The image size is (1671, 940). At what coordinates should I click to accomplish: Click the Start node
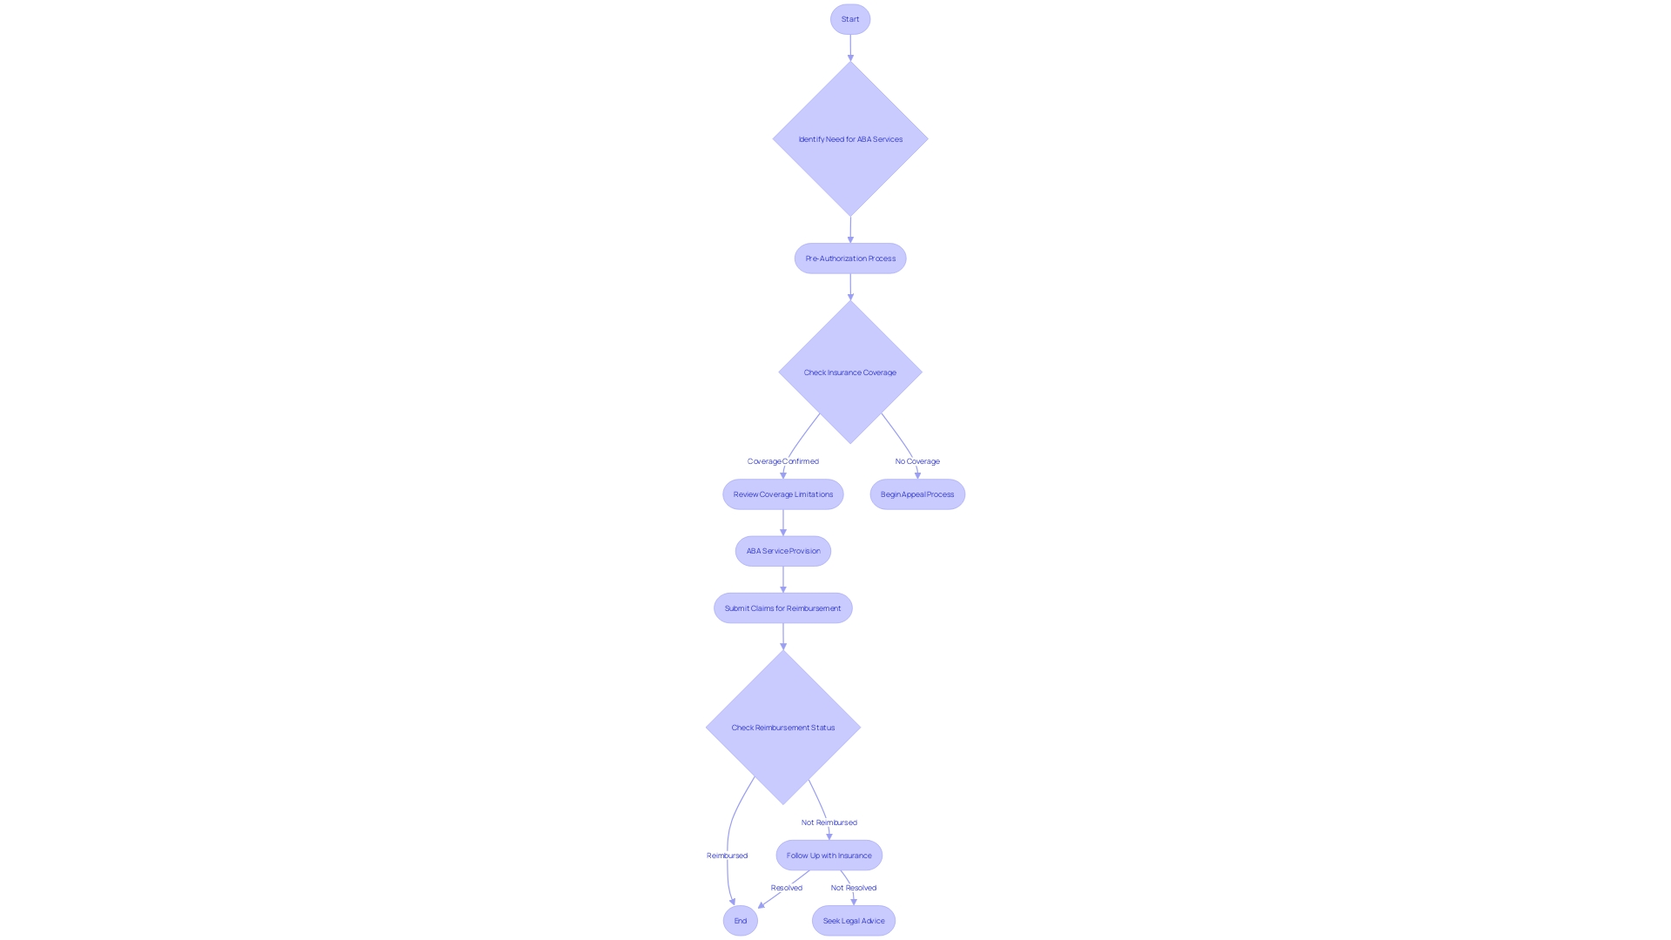(850, 19)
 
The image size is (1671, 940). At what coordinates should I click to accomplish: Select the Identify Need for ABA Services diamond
(850, 139)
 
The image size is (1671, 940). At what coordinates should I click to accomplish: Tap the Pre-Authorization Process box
(850, 258)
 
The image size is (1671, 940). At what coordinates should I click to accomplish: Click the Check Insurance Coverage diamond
(850, 373)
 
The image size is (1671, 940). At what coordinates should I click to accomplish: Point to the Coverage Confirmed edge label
(782, 461)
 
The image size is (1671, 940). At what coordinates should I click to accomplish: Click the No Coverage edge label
(917, 461)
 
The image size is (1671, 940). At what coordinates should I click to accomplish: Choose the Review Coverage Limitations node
(782, 494)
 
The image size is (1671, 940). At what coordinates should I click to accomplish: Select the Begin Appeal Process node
(917, 494)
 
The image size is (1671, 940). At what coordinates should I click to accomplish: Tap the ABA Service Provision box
(782, 551)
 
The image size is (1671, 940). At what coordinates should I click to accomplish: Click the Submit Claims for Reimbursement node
(782, 608)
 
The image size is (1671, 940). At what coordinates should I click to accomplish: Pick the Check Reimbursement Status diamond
(782, 728)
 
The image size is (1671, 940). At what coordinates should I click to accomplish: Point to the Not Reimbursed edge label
(829, 822)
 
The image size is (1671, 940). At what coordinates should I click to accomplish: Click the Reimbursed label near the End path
(727, 856)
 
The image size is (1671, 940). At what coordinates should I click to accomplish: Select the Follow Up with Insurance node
(829, 856)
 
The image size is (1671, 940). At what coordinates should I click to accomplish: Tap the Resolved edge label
(786, 888)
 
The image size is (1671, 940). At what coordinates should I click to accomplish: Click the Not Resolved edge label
(853, 888)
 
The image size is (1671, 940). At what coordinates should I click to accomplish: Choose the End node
(740, 921)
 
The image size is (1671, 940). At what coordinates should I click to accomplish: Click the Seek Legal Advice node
(853, 921)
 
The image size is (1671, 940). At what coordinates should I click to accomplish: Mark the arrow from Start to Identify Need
(850, 47)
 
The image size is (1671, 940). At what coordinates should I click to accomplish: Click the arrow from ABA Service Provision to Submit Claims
(782, 579)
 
